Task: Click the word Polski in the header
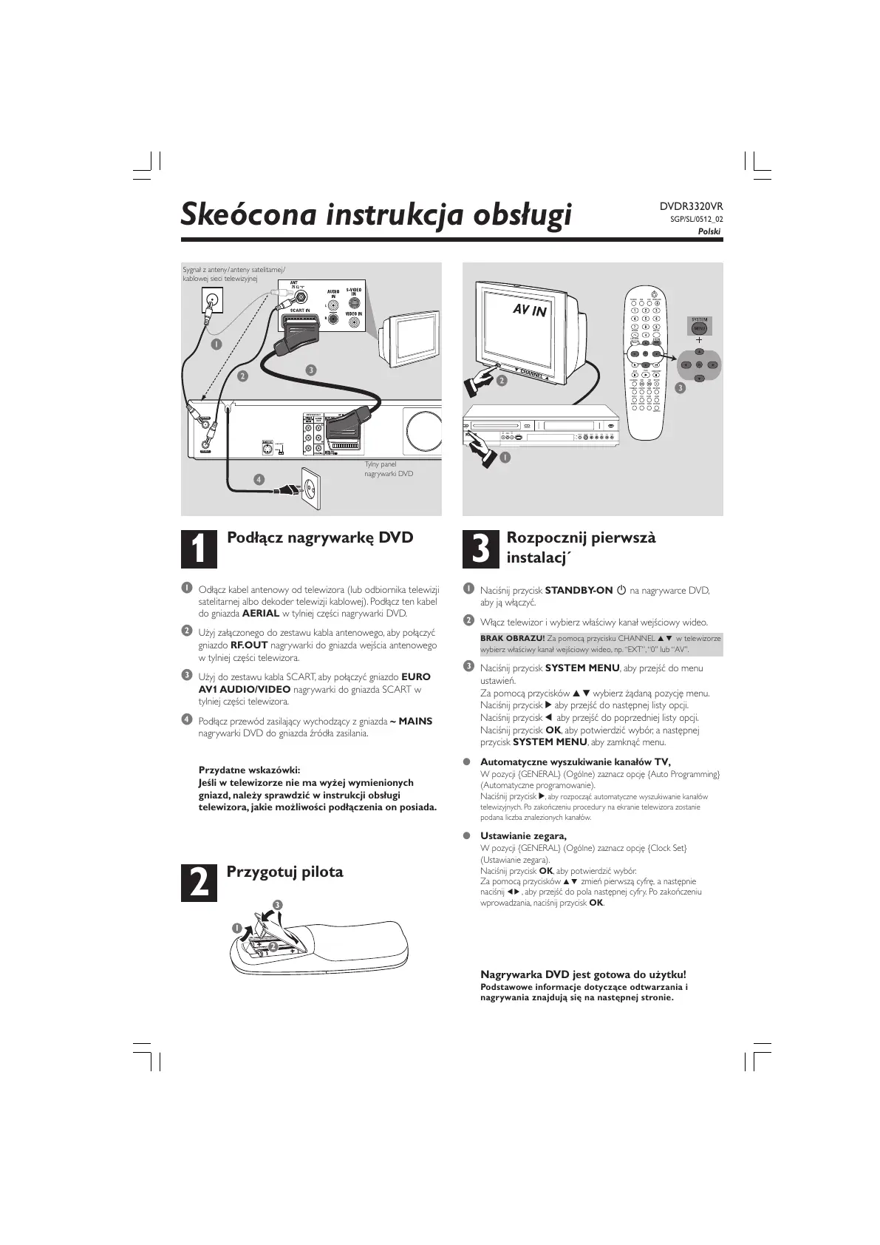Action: (709, 231)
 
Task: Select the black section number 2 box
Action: (199, 882)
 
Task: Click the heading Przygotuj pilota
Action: (284, 872)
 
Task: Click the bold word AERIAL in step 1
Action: (261, 613)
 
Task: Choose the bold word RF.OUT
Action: (249, 645)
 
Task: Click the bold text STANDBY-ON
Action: (579, 590)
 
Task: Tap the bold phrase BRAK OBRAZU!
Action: (512, 638)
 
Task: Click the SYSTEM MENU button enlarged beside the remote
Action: (699, 327)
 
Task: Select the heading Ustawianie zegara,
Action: (523, 836)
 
